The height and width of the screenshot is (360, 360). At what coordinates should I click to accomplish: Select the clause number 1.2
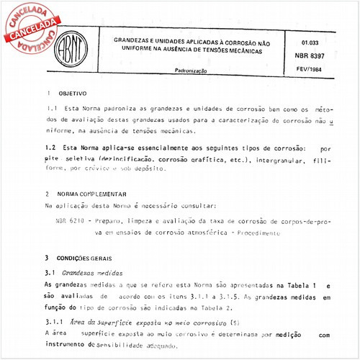point(50,147)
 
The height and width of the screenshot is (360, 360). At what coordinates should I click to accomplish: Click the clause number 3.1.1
point(55,322)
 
